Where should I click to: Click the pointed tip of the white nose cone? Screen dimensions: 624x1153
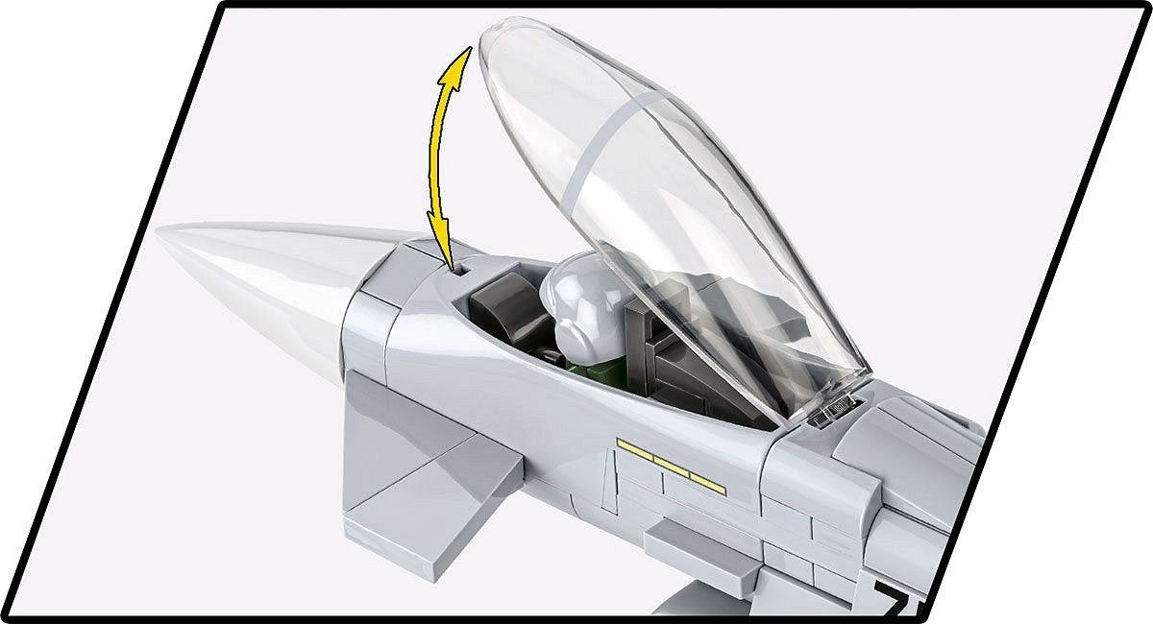pyautogui.click(x=161, y=235)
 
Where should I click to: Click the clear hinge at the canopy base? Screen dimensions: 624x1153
pyautogui.click(x=832, y=409)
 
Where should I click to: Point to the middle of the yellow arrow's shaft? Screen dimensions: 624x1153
pyautogui.click(x=428, y=154)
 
